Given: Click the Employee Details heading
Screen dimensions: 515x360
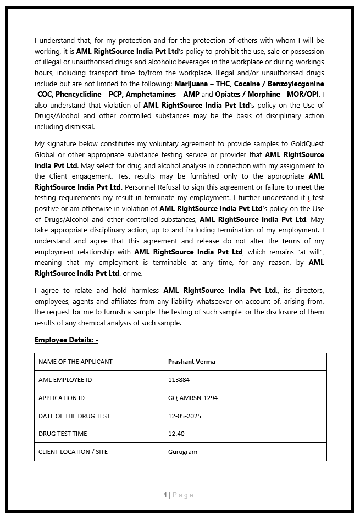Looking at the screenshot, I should (66, 340).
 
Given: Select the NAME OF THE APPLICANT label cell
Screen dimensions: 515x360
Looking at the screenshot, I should (75, 362).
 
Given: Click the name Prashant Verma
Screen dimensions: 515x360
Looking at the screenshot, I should (191, 362).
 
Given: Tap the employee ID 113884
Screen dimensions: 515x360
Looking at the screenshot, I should (179, 380).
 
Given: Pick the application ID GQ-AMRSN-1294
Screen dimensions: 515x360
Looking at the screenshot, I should (192, 398).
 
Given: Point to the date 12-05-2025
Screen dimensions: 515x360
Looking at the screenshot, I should (184, 416).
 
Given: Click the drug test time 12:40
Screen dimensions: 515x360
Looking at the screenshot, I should (176, 434).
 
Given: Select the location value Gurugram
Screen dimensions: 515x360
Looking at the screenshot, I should (182, 452).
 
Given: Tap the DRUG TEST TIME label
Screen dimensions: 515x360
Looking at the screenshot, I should (63, 434).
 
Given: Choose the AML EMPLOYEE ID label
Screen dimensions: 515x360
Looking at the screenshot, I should (65, 380).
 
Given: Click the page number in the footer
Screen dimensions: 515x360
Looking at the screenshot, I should (165, 495).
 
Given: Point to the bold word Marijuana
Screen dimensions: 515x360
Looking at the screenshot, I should (191, 84).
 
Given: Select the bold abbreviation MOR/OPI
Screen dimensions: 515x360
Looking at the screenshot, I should (305, 94).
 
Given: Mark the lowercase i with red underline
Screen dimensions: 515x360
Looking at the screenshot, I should (309, 198).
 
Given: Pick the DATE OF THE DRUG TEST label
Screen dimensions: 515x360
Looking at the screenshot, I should (74, 416).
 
